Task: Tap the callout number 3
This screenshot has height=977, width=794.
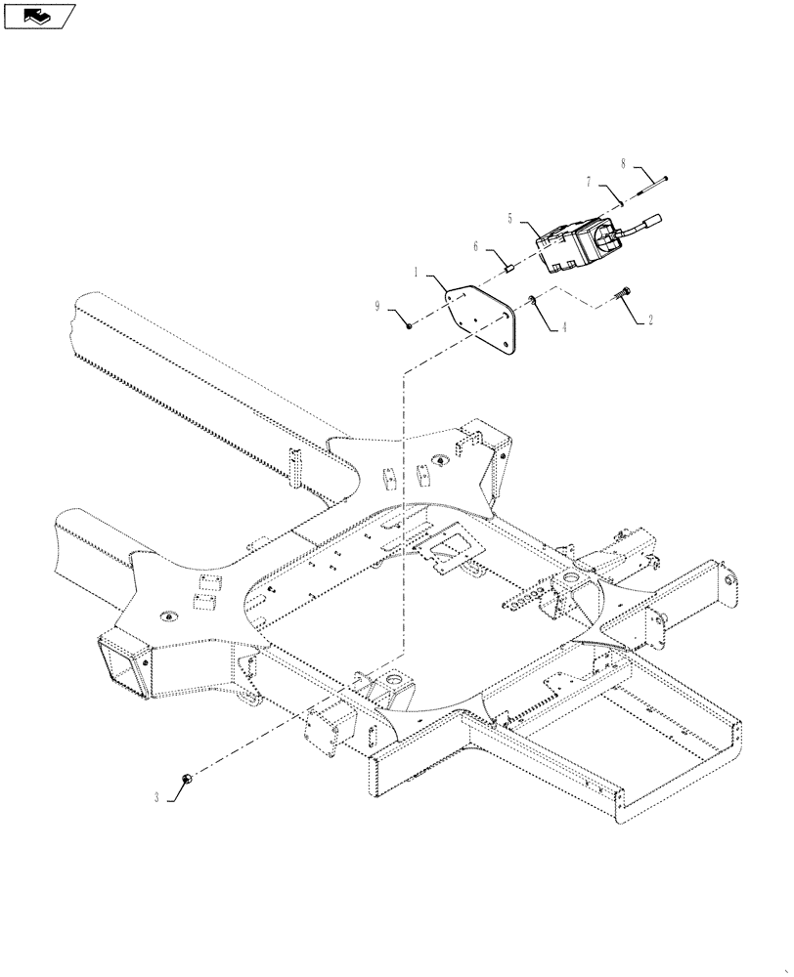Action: point(155,797)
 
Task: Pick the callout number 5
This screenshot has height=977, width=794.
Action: point(510,218)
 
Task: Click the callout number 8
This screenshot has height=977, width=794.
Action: point(623,163)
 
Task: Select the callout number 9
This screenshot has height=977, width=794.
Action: point(377,307)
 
